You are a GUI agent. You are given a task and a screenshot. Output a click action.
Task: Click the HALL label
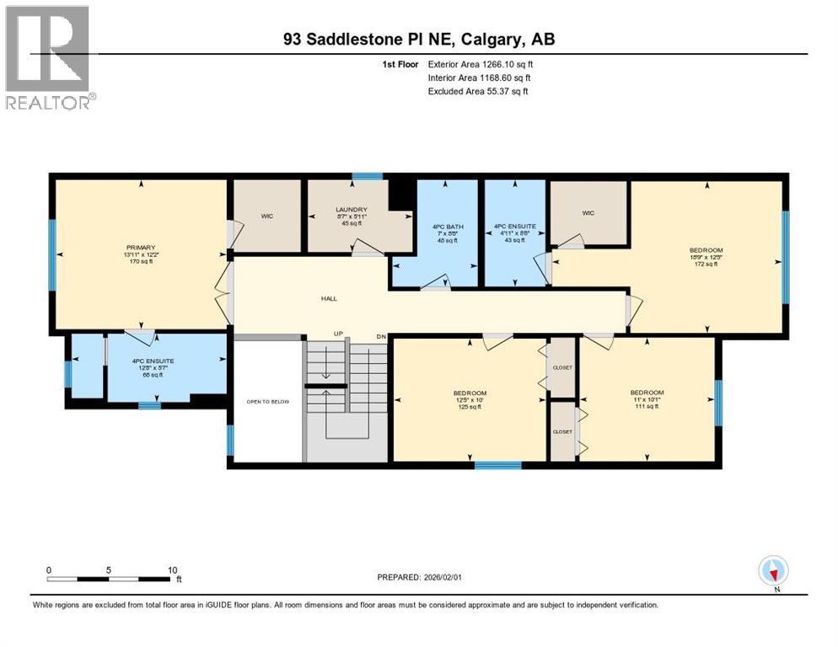pos(330,298)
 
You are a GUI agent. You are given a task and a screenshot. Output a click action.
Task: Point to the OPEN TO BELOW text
pos(267,402)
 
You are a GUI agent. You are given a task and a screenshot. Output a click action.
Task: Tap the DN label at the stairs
pos(380,335)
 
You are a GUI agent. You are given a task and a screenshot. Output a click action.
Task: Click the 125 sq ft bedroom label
pos(470,393)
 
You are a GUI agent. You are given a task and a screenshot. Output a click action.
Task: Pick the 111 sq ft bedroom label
pos(647,393)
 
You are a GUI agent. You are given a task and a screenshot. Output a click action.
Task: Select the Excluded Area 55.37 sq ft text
pos(478,91)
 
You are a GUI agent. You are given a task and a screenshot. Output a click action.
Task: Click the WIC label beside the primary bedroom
pos(267,217)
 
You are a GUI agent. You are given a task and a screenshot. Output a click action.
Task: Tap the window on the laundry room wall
pos(367,176)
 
